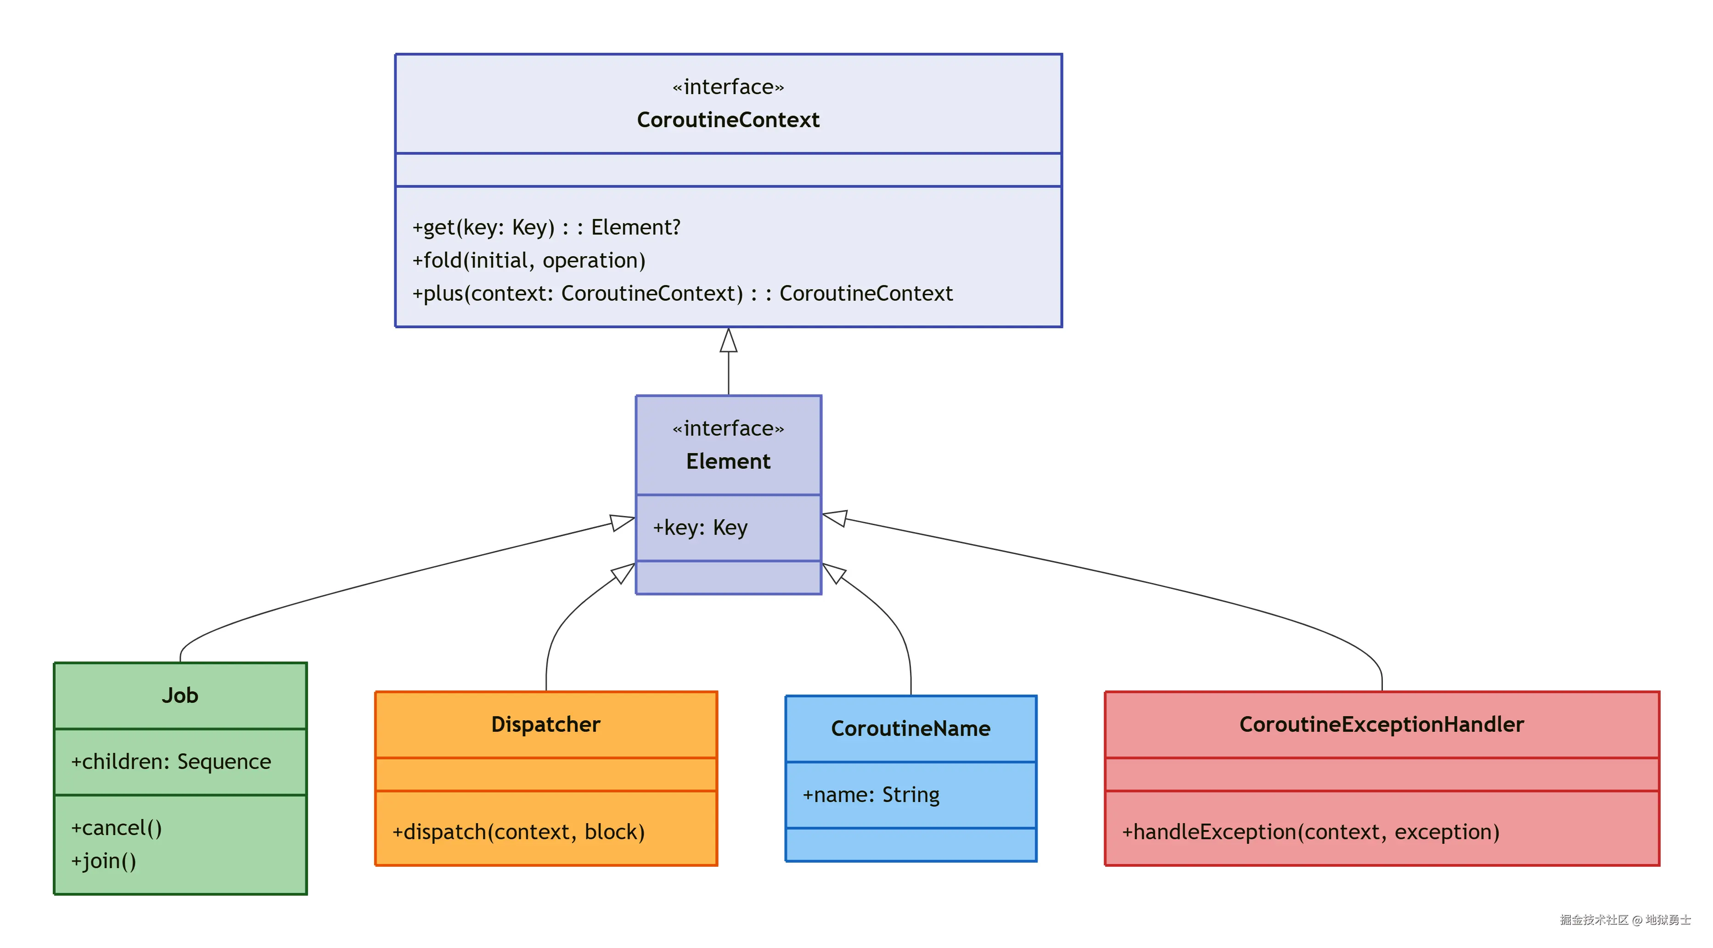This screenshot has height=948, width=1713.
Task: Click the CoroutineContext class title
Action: (728, 120)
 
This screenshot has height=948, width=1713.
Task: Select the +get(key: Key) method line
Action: (546, 227)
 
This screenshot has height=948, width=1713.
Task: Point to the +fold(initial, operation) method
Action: (528, 261)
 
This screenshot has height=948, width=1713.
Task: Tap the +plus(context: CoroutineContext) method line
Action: (682, 293)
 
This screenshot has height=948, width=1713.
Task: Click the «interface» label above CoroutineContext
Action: (728, 87)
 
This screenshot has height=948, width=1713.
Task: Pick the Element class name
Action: (728, 461)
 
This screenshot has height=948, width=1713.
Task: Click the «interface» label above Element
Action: (728, 429)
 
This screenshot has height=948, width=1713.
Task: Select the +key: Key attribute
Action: (700, 528)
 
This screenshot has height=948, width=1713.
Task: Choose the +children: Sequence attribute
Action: (171, 762)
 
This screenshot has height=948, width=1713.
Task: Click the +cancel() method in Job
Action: (116, 828)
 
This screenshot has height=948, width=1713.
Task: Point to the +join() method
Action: (104, 861)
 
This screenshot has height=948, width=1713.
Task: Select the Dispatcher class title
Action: (545, 724)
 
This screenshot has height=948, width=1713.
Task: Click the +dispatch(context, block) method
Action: (518, 832)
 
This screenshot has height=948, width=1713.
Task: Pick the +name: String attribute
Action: (871, 795)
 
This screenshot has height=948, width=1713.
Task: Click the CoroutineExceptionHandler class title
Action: (1381, 724)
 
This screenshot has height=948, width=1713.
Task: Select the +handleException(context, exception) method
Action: (1310, 832)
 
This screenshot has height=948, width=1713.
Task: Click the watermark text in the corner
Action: (1624, 920)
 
